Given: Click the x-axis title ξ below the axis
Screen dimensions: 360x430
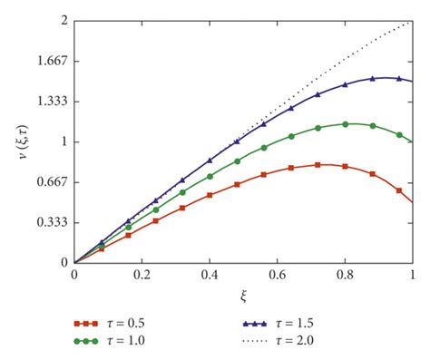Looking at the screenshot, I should pos(242,295).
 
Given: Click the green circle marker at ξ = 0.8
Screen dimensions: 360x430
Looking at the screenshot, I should pos(346,124).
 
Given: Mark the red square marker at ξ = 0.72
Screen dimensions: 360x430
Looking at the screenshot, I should pos(318,165).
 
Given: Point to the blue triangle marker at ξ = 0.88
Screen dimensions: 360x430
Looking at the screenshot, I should pos(373,79).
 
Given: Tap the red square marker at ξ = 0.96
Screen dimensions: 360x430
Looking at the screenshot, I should pos(400,190).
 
